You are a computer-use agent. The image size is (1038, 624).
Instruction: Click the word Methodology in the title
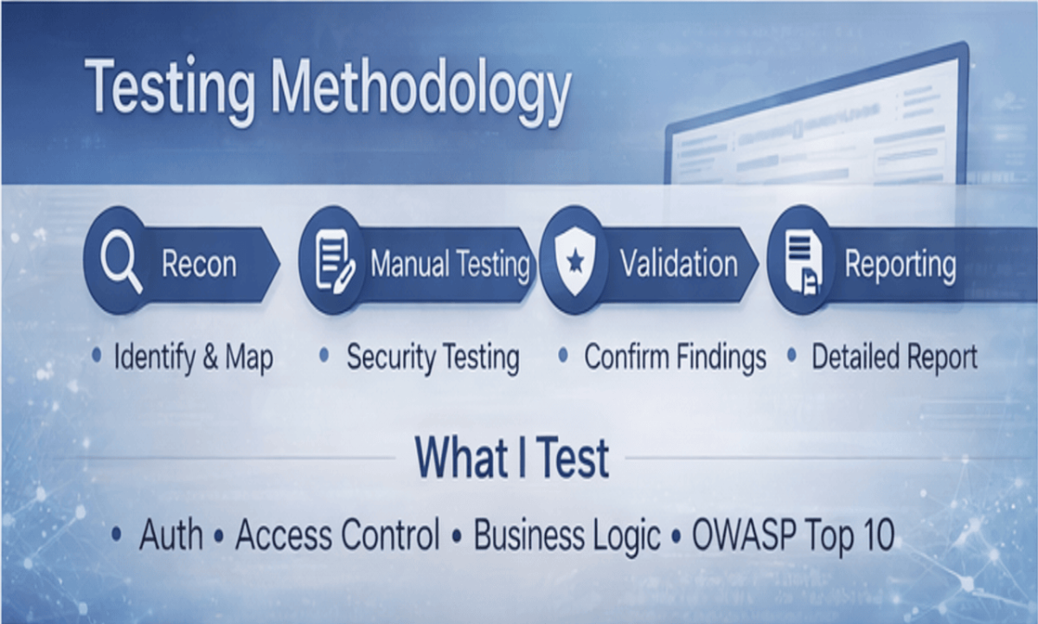click(x=420, y=89)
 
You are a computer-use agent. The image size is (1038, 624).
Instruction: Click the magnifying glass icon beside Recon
click(x=121, y=262)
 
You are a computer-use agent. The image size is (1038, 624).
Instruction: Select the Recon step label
click(x=199, y=263)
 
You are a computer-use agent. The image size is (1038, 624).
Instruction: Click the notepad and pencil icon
click(x=335, y=261)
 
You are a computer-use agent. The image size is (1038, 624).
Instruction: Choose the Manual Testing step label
click(x=450, y=264)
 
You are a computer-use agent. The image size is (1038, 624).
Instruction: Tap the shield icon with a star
click(x=575, y=261)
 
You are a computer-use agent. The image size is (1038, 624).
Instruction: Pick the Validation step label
click(x=679, y=263)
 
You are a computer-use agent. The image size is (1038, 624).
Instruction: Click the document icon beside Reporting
click(x=804, y=263)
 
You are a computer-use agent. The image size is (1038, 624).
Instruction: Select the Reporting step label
click(x=900, y=265)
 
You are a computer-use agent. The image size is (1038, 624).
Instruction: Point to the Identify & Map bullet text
click(x=193, y=357)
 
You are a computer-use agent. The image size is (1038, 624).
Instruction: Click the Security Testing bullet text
click(x=432, y=357)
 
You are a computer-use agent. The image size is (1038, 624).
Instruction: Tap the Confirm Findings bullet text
click(x=675, y=357)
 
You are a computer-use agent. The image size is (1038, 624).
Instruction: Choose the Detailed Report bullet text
click(x=894, y=357)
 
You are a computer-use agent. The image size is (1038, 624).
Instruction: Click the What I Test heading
click(x=511, y=458)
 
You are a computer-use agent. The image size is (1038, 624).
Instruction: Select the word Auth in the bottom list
click(x=171, y=535)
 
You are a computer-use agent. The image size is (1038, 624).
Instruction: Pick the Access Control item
click(x=337, y=535)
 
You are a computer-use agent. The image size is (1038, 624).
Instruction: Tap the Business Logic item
click(x=567, y=536)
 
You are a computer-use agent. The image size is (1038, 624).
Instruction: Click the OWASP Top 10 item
click(x=793, y=535)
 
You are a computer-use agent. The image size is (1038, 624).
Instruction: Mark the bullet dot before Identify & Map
click(x=96, y=356)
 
